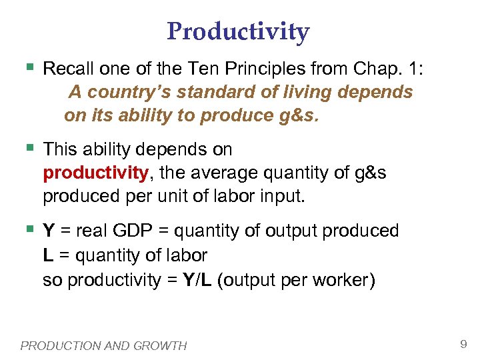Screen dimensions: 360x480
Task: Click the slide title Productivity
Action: coord(238,31)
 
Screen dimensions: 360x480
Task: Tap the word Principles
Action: coord(270,68)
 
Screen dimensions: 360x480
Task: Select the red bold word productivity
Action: coord(95,173)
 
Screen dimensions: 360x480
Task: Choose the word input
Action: coord(284,197)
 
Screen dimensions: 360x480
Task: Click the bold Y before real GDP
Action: coord(49,231)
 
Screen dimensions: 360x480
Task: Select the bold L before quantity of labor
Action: coord(48,255)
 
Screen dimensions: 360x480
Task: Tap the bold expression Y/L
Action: coord(197,280)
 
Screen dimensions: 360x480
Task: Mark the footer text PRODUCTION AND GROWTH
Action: coord(103,345)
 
